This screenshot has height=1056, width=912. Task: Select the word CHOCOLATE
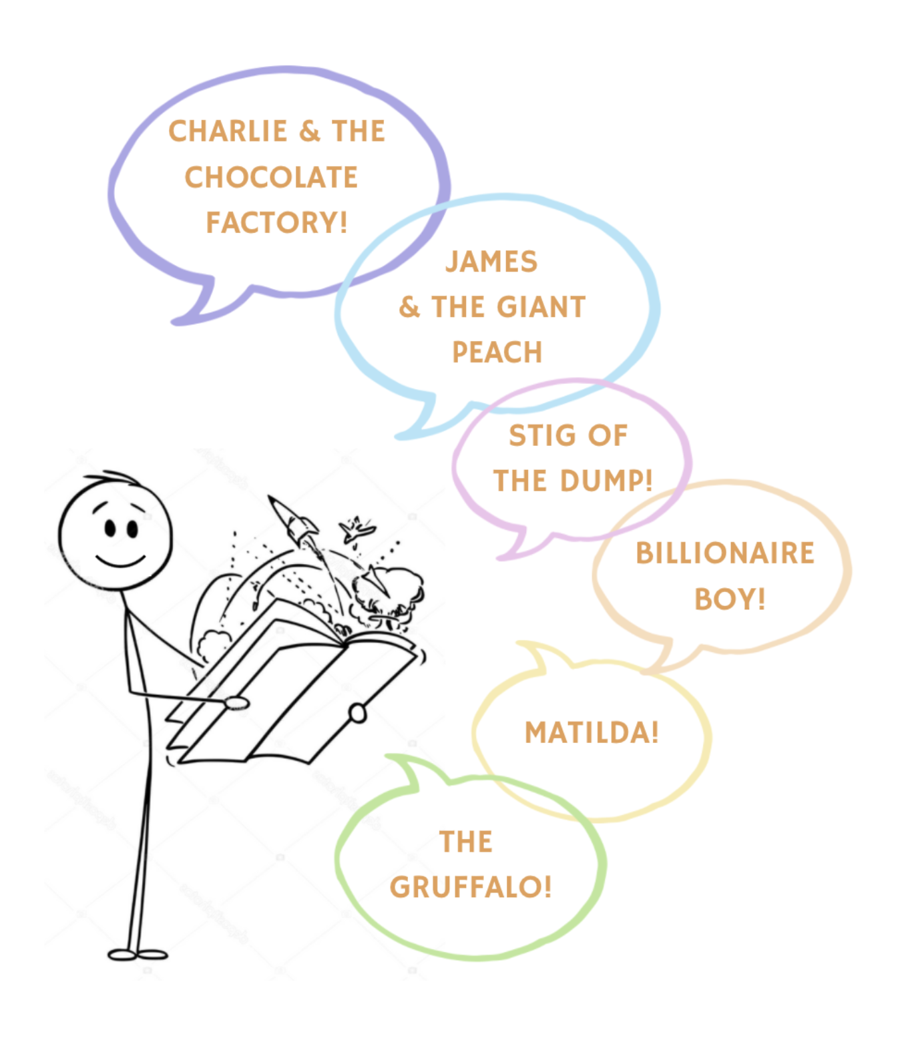click(x=271, y=178)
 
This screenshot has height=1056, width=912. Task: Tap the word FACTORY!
click(x=276, y=223)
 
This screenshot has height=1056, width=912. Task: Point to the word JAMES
click(x=491, y=262)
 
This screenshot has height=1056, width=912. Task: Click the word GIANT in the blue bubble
click(x=541, y=307)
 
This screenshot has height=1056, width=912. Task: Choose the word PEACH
click(x=497, y=352)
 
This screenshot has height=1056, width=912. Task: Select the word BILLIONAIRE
click(x=725, y=553)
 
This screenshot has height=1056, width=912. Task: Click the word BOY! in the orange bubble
click(x=730, y=599)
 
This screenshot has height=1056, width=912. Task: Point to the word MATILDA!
click(x=592, y=733)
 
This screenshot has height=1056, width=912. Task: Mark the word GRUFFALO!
click(x=471, y=887)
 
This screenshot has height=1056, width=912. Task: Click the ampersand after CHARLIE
click(x=310, y=131)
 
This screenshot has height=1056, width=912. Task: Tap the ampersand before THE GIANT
click(x=409, y=307)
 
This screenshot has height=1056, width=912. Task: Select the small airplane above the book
click(x=357, y=530)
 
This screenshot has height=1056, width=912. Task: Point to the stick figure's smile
click(x=120, y=559)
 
